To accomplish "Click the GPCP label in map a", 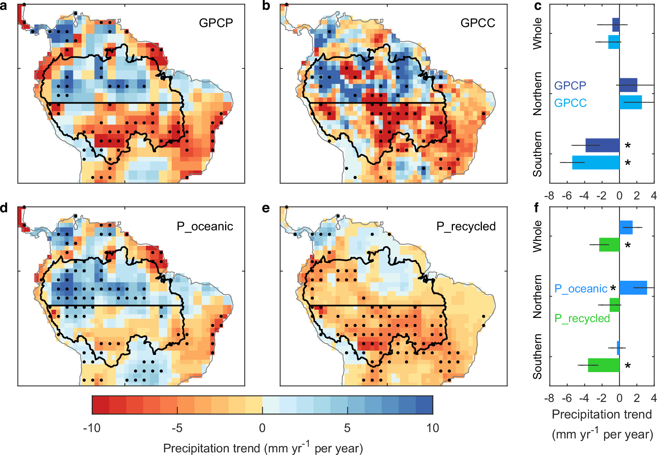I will click(216, 23).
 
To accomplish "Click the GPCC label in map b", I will click(478, 23).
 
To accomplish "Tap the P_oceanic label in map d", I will click(205, 226).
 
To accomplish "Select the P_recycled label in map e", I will click(466, 226).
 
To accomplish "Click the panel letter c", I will click(537, 6).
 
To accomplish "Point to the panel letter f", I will click(536, 207).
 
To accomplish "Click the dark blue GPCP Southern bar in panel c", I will click(602, 145).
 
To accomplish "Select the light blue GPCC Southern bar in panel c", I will click(596, 163).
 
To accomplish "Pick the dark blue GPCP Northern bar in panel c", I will click(628, 85).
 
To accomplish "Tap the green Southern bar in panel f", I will click(604, 365).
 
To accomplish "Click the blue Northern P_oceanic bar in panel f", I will click(633, 288).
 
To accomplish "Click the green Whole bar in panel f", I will click(609, 245).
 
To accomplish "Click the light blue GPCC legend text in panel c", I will click(570, 103).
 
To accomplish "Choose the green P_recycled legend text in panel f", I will click(582, 318).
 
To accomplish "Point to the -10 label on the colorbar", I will click(92, 428).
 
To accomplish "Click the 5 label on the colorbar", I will click(347, 428).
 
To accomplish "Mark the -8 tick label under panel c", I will click(550, 196).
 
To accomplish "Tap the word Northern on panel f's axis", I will click(537, 297).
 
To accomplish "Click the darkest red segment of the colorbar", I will click(100, 405).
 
